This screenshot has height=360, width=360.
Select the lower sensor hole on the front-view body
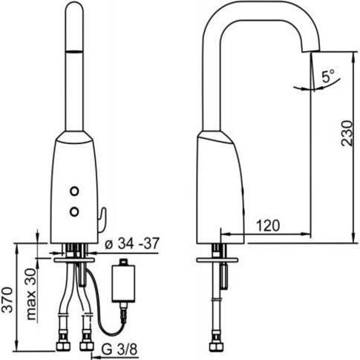coord(74,212)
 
